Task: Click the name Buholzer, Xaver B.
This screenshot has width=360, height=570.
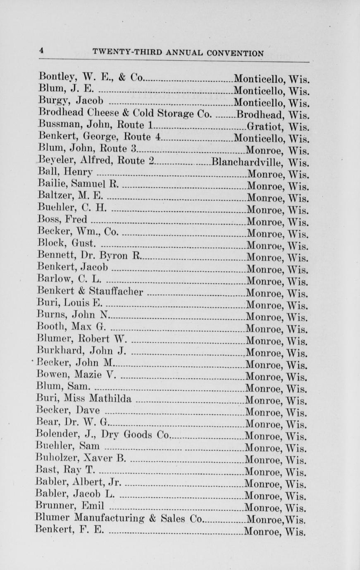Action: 81,458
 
